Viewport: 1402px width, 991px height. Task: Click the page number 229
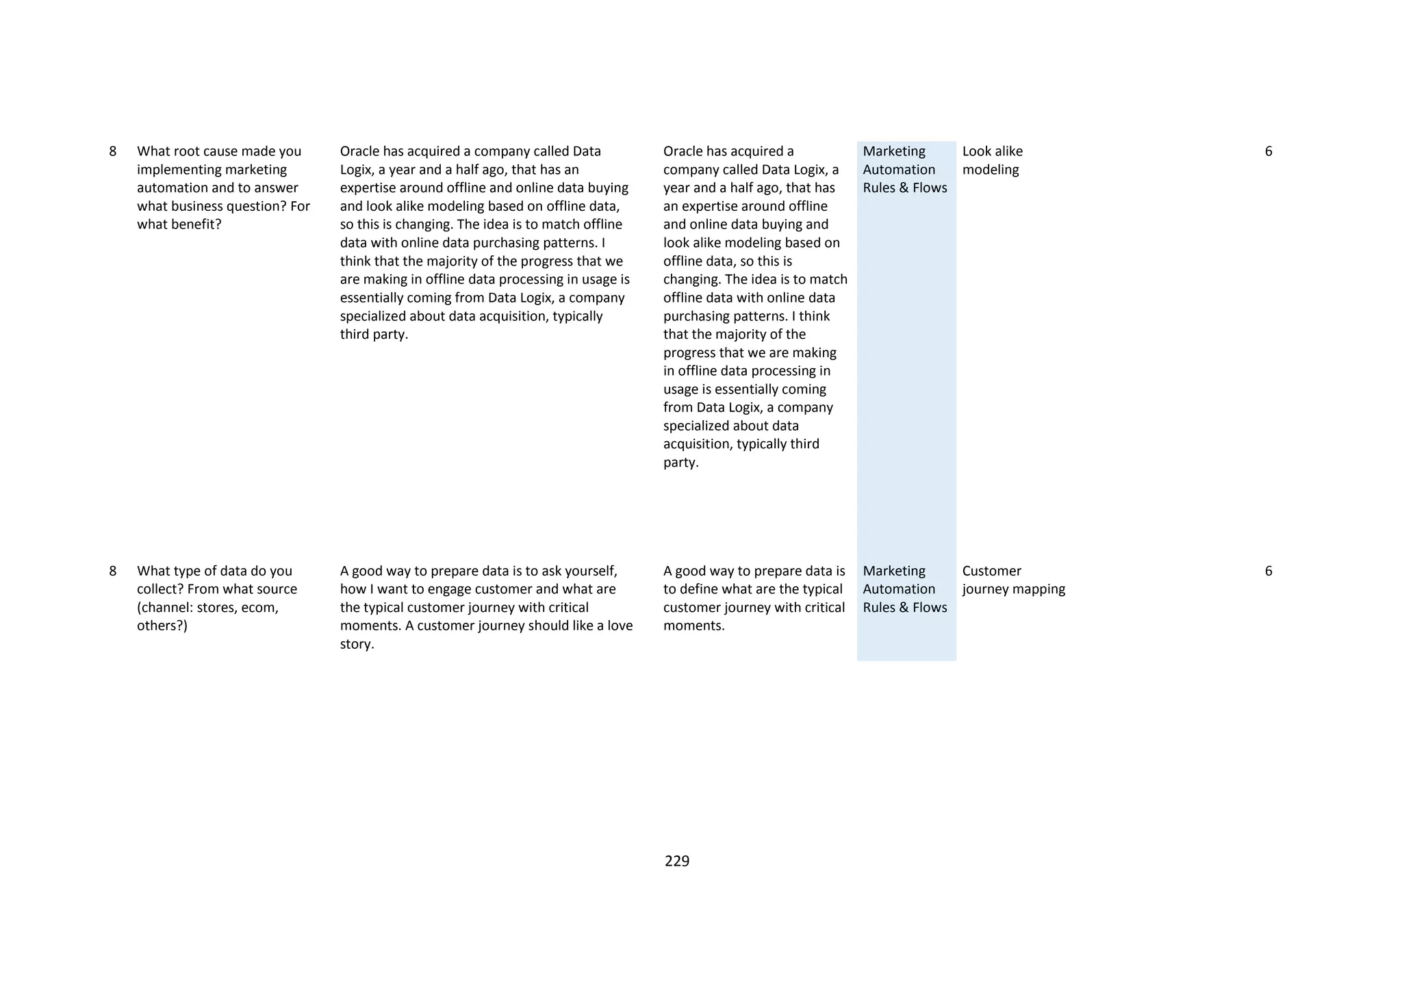pos(676,861)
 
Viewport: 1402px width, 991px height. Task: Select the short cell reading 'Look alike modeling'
pos(992,160)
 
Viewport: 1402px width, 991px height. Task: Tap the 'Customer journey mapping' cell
pos(1013,580)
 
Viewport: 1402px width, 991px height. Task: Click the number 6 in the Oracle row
pos(1268,151)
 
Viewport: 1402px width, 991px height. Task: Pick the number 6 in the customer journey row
pos(1268,571)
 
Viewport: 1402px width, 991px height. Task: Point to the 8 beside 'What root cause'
pos(113,151)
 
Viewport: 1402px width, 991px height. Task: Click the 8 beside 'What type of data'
pos(113,571)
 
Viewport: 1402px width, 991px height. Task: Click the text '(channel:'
pos(164,608)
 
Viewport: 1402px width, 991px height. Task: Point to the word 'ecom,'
pos(260,608)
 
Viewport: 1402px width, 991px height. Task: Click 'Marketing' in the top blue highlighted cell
pos(893,151)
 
